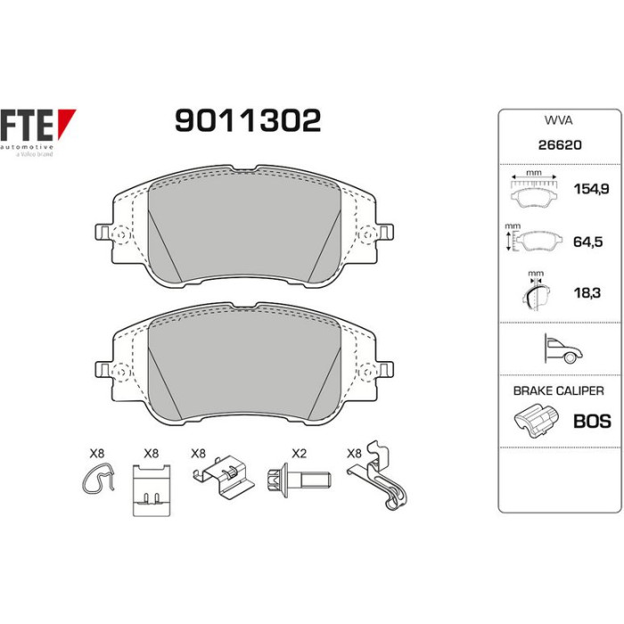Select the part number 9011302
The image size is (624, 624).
pyautogui.click(x=248, y=120)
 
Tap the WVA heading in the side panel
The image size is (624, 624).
pyautogui.click(x=558, y=120)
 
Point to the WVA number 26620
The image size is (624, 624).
pyautogui.click(x=560, y=144)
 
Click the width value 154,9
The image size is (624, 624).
pyautogui.click(x=591, y=189)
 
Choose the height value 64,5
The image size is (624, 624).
pyautogui.click(x=587, y=242)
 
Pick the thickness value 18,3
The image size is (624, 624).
pyautogui.click(x=587, y=293)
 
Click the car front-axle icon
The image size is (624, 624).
pyautogui.click(x=563, y=349)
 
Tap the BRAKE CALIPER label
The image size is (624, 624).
pyautogui.click(x=558, y=390)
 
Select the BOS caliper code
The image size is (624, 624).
pyautogui.click(x=592, y=422)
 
